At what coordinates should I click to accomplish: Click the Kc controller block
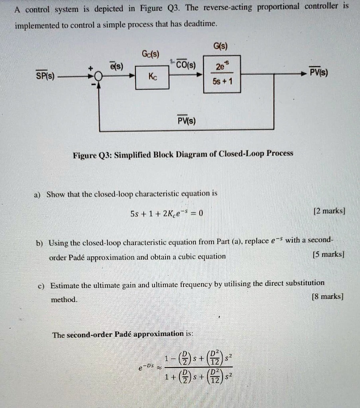click(x=152, y=77)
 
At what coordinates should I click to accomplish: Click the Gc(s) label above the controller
click(x=151, y=54)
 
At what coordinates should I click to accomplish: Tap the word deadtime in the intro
click(x=203, y=24)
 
